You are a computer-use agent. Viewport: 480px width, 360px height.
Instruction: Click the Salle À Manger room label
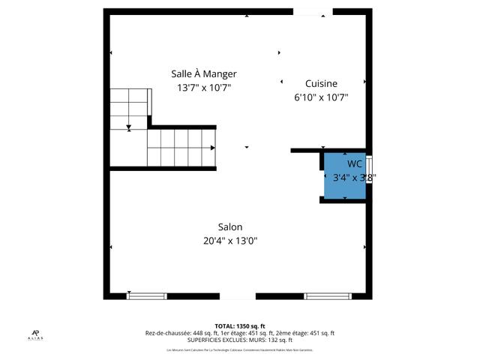(x=203, y=73)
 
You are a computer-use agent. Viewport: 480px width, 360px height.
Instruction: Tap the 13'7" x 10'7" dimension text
(x=203, y=88)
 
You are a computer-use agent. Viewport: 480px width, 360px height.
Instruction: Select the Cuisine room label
(x=321, y=83)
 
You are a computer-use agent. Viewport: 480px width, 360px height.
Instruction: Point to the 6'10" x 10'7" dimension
(x=321, y=97)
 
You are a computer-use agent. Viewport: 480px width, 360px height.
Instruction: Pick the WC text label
(x=354, y=163)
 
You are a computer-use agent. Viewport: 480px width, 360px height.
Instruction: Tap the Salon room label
(x=230, y=226)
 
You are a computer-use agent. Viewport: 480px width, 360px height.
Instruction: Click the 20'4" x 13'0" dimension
(x=230, y=241)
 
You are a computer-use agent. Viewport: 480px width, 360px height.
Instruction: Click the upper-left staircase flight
(x=130, y=106)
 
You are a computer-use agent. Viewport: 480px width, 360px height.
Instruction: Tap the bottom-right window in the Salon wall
(x=328, y=295)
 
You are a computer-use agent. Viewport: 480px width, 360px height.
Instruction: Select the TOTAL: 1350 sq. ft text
(x=240, y=326)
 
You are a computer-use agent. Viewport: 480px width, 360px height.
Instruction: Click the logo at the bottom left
(x=36, y=335)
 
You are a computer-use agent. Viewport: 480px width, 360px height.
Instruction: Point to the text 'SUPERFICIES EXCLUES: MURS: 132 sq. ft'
(x=240, y=340)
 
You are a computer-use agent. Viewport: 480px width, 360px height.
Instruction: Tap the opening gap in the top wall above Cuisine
(x=309, y=11)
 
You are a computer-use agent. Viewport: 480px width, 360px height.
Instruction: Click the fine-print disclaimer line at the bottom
(x=240, y=349)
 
